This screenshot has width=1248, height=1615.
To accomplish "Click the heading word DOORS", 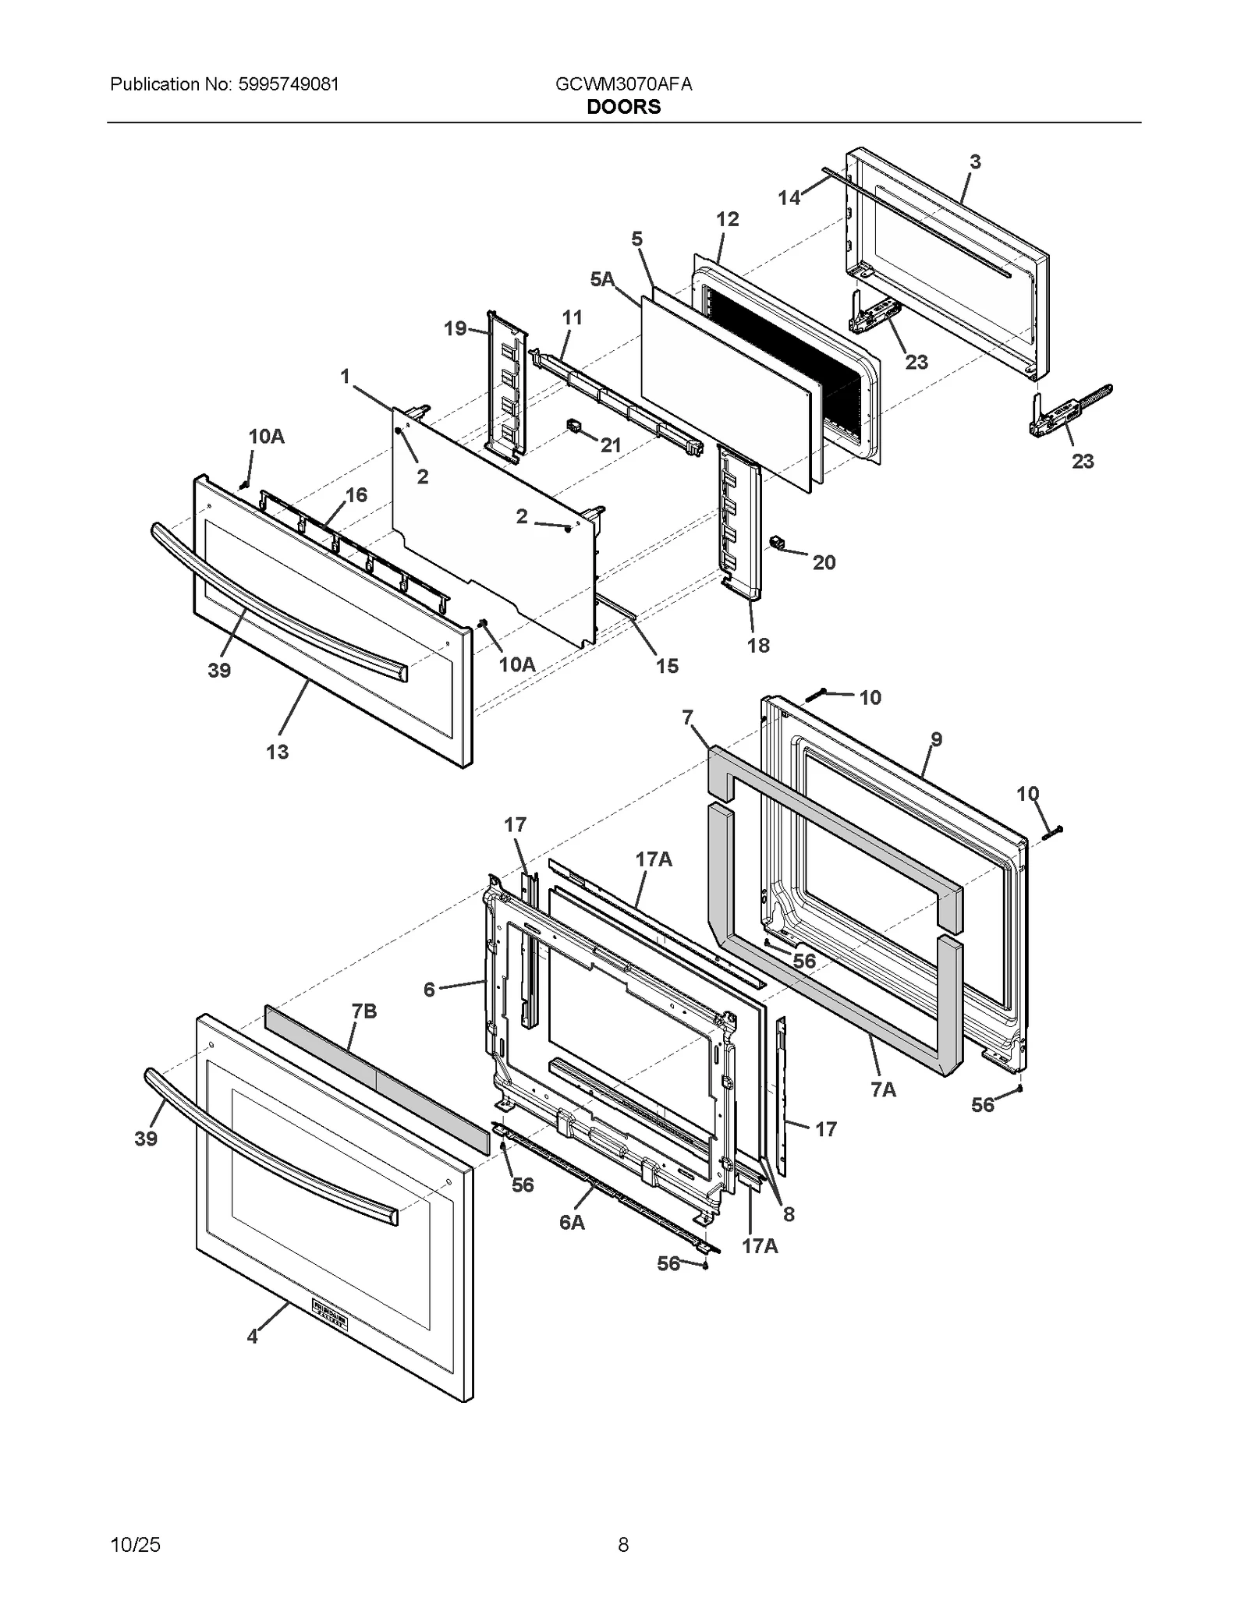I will [623, 108].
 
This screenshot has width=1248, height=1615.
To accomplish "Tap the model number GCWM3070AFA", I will [623, 84].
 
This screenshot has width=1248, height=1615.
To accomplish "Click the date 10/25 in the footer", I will [136, 1545].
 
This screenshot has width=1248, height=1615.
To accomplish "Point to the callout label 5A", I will [602, 279].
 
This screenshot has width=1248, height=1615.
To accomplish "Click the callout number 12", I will [727, 220].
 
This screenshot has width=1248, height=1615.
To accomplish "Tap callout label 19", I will [456, 328].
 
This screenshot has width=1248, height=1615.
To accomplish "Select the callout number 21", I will [611, 445].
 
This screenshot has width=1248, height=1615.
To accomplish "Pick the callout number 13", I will [277, 752].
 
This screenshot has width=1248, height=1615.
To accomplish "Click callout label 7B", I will [364, 1011].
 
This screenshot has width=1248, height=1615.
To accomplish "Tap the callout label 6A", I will [572, 1222].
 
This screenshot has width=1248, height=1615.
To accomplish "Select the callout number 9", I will [936, 739].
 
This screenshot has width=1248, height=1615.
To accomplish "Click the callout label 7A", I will [884, 1089].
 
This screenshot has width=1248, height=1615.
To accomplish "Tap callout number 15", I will [667, 666].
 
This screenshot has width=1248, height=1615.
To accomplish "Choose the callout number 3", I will [975, 162].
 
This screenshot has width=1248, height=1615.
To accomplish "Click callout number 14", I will [789, 198].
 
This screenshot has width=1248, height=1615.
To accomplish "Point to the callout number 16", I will [356, 495].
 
